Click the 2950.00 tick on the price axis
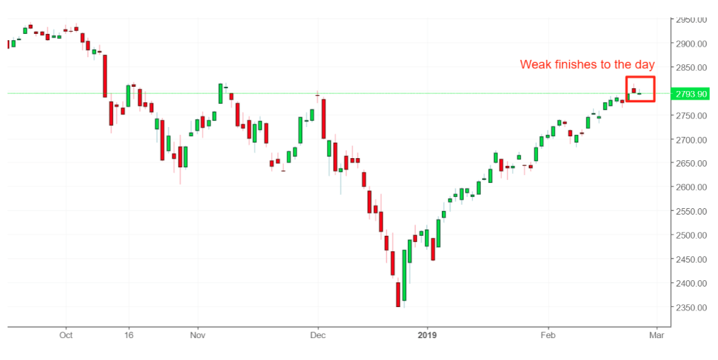[691, 20]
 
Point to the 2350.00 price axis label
[691, 308]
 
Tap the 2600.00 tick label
[691, 188]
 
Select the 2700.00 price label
[691, 140]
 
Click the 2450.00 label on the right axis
[691, 260]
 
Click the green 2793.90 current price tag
[691, 94]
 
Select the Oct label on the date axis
[66, 335]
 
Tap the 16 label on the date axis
[128, 335]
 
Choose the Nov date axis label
[198, 335]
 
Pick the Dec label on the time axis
[318, 335]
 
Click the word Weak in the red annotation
[535, 65]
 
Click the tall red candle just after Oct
[104, 76]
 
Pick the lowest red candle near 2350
[398, 294]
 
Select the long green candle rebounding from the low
[404, 275]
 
